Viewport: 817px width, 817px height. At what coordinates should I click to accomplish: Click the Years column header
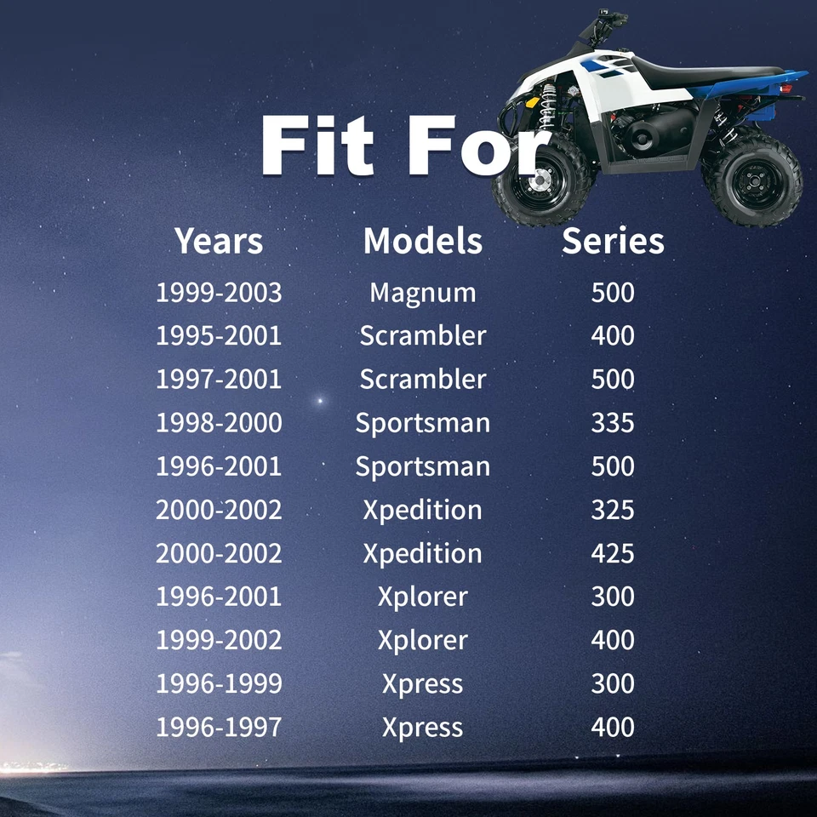point(219,241)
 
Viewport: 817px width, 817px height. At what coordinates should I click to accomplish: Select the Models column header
point(423,241)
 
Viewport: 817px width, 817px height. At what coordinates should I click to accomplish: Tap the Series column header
point(613,241)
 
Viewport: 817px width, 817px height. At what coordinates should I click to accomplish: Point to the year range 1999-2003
point(219,292)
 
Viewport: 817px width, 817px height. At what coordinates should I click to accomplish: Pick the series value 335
point(613,423)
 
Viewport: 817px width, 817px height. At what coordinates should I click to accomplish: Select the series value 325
point(613,510)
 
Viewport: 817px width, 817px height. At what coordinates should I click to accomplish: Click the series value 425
point(613,553)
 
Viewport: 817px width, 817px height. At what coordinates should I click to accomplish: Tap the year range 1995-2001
point(219,335)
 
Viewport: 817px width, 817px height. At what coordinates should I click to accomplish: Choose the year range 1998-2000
point(219,423)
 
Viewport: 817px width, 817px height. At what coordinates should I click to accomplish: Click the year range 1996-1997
point(219,727)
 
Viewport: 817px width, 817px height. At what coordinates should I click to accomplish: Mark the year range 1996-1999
point(219,683)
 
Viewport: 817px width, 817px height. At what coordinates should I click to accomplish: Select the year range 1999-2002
point(219,640)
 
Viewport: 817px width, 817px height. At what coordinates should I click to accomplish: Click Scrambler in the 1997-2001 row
point(423,379)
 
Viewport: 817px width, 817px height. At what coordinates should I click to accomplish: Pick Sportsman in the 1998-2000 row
point(423,423)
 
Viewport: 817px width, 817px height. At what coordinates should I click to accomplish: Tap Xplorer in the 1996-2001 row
point(423,597)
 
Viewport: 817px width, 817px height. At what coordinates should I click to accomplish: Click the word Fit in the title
point(317,146)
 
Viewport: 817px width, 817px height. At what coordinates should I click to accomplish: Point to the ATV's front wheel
point(542,180)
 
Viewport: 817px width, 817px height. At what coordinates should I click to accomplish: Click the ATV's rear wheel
point(753,180)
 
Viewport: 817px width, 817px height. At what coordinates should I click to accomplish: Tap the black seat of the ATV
point(704,73)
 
